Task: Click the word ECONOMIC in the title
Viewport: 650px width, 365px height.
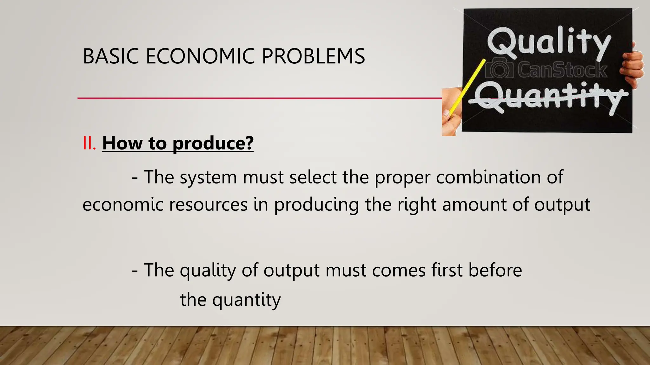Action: point(200,56)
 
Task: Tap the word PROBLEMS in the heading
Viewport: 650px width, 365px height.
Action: point(313,56)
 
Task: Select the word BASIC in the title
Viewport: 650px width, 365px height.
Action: point(111,56)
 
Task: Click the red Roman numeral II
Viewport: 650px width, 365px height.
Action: point(89,143)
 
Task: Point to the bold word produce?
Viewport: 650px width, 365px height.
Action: point(213,144)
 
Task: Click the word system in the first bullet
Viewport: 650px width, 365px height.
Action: point(208,177)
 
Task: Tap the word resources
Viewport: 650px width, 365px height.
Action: point(208,204)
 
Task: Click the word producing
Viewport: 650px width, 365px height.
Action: point(316,205)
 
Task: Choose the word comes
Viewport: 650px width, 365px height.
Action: point(399,270)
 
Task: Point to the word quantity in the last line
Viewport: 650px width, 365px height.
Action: point(246,300)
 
